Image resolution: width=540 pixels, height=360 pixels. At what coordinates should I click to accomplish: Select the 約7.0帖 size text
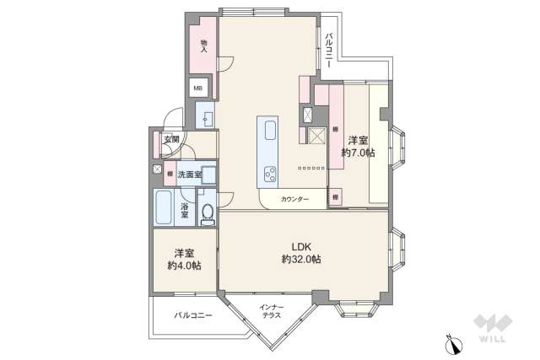click(359, 153)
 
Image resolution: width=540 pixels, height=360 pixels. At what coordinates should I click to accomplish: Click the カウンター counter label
click(294, 199)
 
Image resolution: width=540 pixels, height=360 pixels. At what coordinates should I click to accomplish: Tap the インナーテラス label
click(271, 310)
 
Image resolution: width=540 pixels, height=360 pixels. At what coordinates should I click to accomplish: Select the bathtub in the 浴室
click(164, 207)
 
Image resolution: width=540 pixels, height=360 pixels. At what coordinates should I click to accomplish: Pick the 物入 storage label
click(203, 46)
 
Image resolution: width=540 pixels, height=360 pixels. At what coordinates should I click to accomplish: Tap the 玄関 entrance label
click(171, 140)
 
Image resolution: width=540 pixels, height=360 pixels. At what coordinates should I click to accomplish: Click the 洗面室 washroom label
click(190, 175)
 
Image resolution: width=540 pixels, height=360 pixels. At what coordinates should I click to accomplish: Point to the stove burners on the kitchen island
click(271, 175)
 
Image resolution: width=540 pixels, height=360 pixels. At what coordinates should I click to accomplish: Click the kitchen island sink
click(270, 132)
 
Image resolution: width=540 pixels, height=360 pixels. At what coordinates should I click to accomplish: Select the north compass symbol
click(454, 344)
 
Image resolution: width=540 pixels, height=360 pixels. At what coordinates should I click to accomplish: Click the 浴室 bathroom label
click(183, 209)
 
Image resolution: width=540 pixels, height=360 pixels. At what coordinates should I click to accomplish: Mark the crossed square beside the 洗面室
click(157, 169)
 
